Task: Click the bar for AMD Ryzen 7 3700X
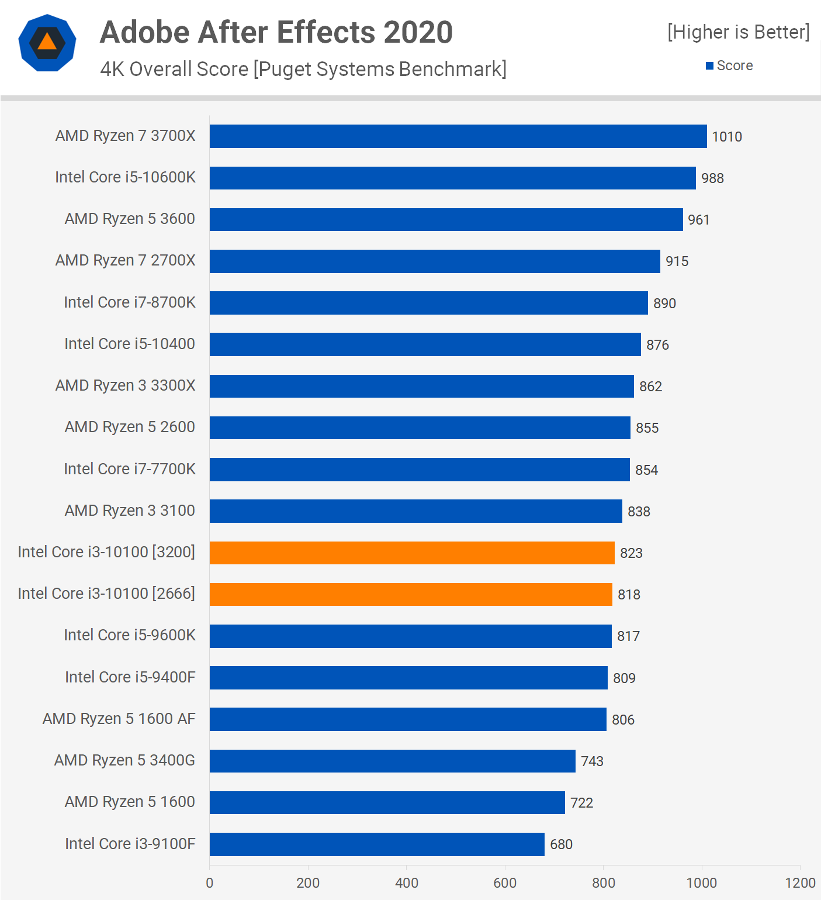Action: coord(458,136)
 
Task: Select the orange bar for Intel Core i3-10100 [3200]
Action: coord(412,553)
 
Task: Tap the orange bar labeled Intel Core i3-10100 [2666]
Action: coord(411,594)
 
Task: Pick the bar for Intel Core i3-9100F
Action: coord(377,844)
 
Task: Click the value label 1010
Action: coord(726,137)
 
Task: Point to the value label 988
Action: coord(712,178)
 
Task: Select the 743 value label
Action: coord(592,761)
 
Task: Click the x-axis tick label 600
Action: coord(505,883)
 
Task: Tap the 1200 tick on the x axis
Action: coord(800,883)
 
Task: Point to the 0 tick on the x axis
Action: coord(210,883)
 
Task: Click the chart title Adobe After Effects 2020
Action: coord(276,32)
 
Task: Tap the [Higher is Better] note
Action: coord(738,32)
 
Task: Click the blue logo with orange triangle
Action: coord(47,43)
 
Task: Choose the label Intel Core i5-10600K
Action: coord(125,177)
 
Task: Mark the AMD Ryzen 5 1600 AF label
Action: coord(119,719)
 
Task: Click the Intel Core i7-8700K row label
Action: coord(129,302)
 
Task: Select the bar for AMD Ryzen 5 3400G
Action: coord(392,761)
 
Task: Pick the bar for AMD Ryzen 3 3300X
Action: coord(421,386)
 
